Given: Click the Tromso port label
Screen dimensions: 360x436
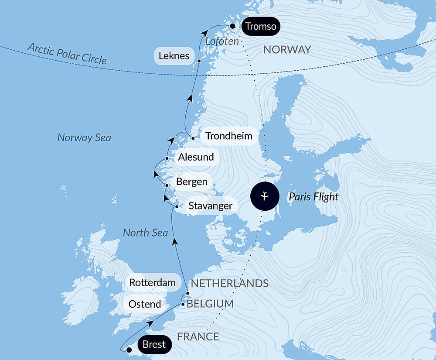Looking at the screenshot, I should pyautogui.click(x=260, y=26).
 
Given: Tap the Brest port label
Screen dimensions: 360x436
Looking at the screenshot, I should pyautogui.click(x=154, y=345).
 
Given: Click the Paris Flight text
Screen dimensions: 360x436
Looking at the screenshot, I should pyautogui.click(x=313, y=197).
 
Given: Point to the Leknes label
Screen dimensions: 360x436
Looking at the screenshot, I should pyautogui.click(x=174, y=56).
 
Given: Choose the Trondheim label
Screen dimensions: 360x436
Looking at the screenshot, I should pyautogui.click(x=228, y=136).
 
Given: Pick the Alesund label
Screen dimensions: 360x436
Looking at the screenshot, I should pyautogui.click(x=196, y=157).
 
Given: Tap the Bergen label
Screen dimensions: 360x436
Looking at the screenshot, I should pyautogui.click(x=191, y=182).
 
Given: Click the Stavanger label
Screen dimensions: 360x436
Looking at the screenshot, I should pyautogui.click(x=210, y=206).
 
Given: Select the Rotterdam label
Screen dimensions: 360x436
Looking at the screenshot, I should pyautogui.click(x=152, y=282).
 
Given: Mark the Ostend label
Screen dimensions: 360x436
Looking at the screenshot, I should pyautogui.click(x=145, y=304).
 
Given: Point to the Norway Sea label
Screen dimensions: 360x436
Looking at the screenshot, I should pyautogui.click(x=84, y=138).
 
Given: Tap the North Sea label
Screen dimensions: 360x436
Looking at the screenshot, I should pyautogui.click(x=145, y=233).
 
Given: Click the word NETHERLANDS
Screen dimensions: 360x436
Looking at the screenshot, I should pyautogui.click(x=229, y=284).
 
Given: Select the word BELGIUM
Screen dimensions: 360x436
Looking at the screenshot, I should pyautogui.click(x=210, y=304).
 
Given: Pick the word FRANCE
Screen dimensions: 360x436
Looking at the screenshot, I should pyautogui.click(x=198, y=336).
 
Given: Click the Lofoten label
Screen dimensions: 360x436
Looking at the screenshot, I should pyautogui.click(x=222, y=41).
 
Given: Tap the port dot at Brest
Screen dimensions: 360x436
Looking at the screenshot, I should pyautogui.click(x=129, y=350).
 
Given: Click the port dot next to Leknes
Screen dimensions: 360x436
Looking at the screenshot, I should pyautogui.click(x=199, y=61).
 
